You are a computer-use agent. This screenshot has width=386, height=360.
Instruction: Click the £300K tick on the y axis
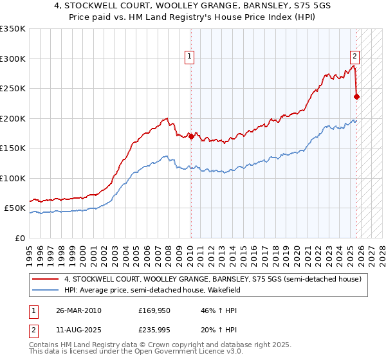pos(13,59)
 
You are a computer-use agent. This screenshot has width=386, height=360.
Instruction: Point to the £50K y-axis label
pos(15,208)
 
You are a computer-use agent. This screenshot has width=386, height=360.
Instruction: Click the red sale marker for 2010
pos(191,136)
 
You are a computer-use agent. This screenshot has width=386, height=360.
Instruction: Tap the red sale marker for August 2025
pos(356,97)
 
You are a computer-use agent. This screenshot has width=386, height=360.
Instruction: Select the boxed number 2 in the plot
pos(354,56)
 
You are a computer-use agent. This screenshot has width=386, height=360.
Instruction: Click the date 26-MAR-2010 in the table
pos(78,310)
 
